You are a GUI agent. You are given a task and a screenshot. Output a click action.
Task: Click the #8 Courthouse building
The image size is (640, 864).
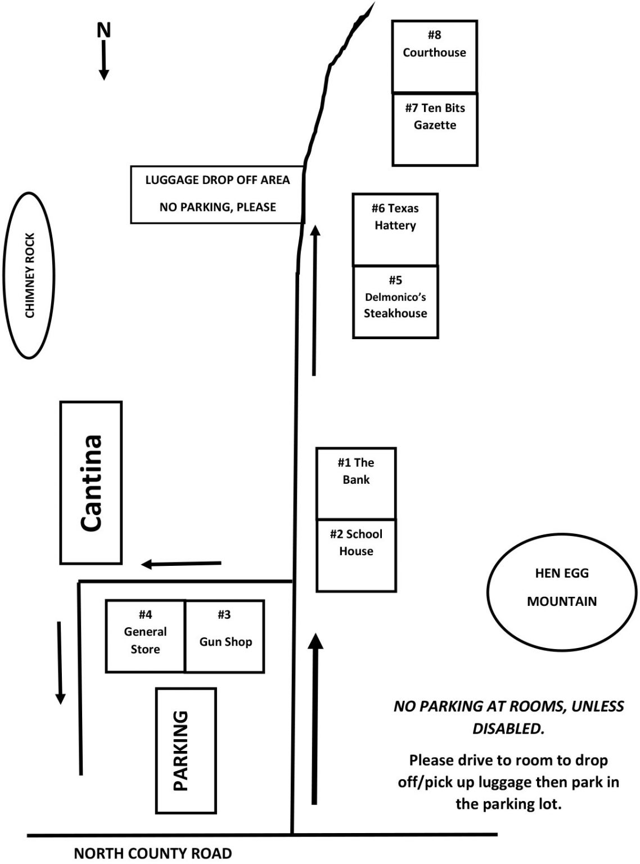pos(434,56)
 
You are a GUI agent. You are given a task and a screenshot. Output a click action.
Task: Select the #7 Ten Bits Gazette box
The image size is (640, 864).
pos(435,129)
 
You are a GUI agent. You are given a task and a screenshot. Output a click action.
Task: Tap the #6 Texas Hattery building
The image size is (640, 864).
pos(395,229)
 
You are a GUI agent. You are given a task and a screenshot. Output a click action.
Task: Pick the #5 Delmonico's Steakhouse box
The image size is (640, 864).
pos(395,302)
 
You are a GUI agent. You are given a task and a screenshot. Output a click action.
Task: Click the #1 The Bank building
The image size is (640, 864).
pos(356,483)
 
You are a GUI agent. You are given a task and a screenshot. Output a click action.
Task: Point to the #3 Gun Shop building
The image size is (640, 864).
pos(225,636)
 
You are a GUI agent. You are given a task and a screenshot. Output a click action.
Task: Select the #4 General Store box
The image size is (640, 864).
pos(145,636)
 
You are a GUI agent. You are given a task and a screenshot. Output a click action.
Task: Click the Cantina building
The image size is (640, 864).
pos(91,483)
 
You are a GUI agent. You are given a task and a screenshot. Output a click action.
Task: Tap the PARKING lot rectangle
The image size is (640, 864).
pos(186,750)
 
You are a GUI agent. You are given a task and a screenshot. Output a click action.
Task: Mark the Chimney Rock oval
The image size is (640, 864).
pos(29,275)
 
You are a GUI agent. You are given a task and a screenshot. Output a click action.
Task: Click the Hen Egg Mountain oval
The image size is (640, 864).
pos(561,587)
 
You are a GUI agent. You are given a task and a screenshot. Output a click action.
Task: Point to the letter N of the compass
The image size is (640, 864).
pos(103,30)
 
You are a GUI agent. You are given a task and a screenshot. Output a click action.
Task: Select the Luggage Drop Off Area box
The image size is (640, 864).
pos(217,194)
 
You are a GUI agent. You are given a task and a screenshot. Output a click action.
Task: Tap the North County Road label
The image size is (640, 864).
pos(152,853)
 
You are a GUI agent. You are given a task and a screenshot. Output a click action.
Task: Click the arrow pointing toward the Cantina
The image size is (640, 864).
pos(181,564)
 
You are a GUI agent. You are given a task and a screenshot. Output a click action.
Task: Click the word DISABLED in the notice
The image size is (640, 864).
pos(508,728)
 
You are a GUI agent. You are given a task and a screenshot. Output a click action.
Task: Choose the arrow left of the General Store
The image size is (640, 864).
pos(60,663)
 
